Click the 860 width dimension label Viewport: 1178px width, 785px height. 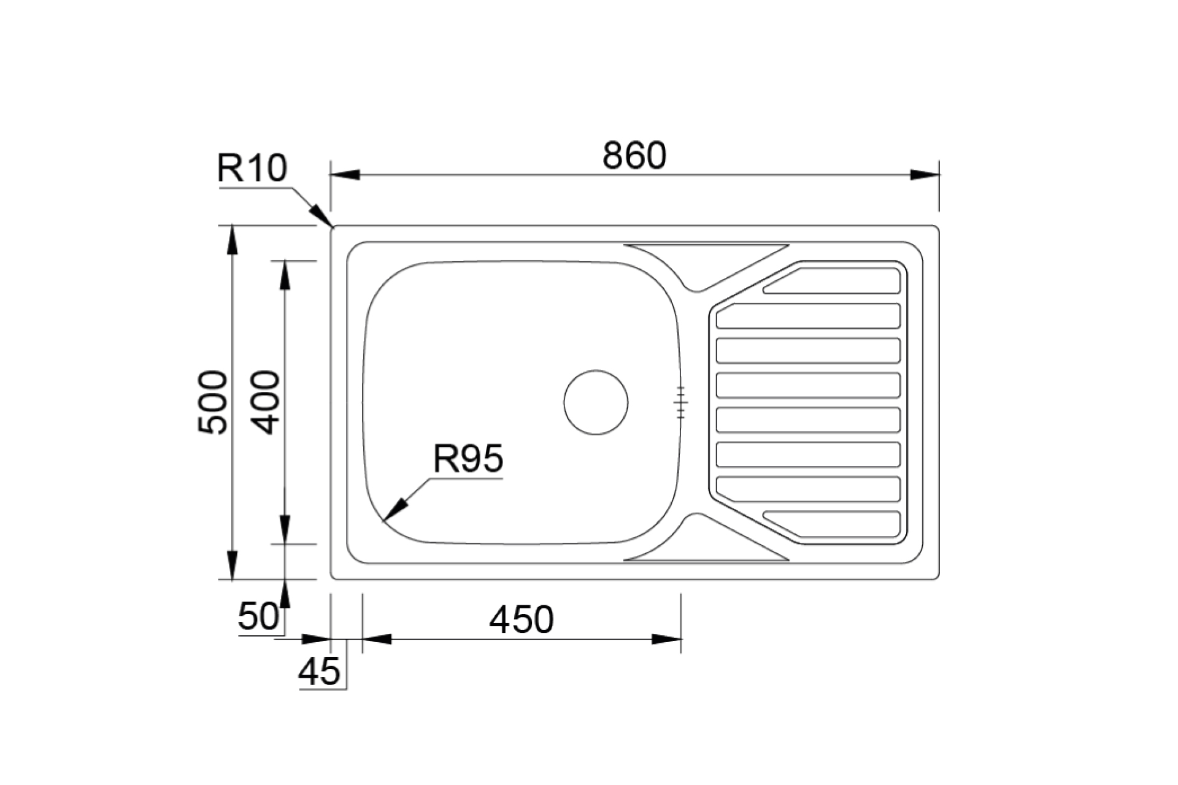click(634, 156)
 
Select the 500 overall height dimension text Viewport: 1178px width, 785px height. click(213, 402)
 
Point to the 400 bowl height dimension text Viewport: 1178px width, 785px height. click(266, 402)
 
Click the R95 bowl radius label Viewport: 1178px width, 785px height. click(468, 458)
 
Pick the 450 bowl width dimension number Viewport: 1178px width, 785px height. click(522, 619)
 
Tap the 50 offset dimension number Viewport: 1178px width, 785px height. click(258, 616)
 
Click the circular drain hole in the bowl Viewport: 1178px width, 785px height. click(596, 402)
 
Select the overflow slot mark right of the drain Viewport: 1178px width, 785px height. click(680, 402)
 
